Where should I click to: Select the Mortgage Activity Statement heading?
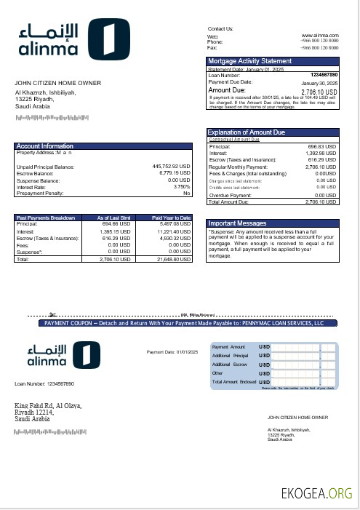pos(250,61)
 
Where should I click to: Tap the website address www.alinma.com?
pos(321,35)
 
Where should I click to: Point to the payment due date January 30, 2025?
pos(320,82)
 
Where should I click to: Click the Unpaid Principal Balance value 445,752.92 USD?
pos(171,167)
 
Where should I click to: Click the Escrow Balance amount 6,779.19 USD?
pos(172,173)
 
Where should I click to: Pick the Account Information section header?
pos(45,146)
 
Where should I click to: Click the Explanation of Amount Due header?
pos(257,132)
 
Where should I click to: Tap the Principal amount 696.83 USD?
pos(322,146)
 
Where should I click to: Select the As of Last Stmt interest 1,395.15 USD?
pos(115,231)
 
